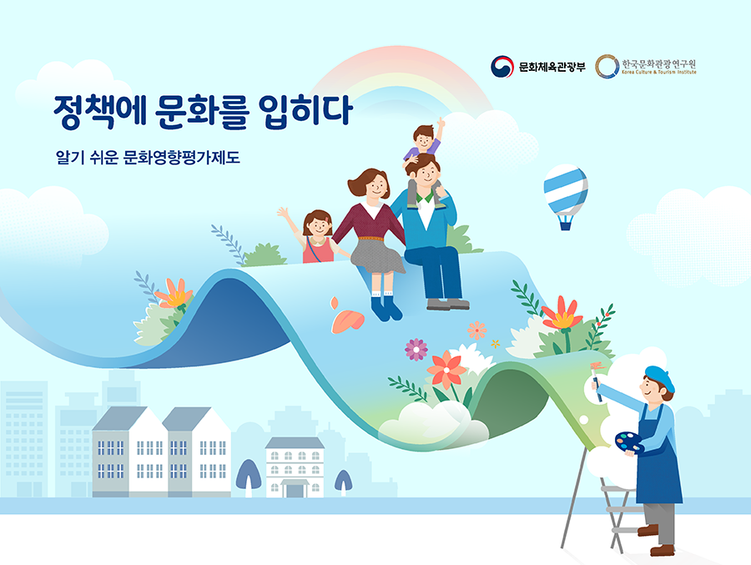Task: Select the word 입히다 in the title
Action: [305, 112]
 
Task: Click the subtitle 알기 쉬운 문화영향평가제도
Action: [148, 157]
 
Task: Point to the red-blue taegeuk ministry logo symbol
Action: [502, 67]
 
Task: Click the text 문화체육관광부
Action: [552, 67]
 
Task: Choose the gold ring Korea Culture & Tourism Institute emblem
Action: [607, 66]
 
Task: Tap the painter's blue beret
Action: [659, 377]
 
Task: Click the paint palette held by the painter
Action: [629, 442]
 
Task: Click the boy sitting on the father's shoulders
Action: [424, 149]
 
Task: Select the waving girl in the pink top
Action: [314, 236]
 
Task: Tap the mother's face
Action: [377, 186]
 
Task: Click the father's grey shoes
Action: [448, 304]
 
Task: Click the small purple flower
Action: [416, 350]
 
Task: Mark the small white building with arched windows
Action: [295, 467]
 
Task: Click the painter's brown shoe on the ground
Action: [663, 550]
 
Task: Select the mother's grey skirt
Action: [377, 255]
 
